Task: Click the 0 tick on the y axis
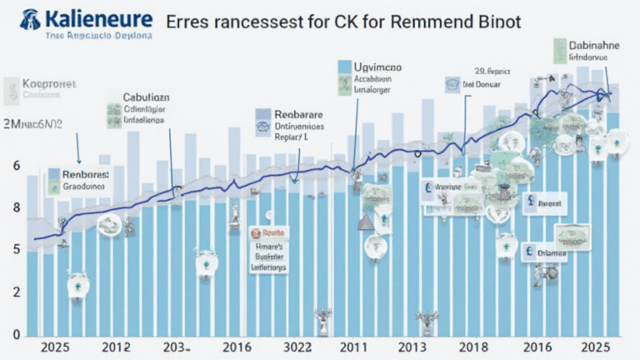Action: (x=17, y=334)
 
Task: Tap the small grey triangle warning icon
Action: (x=364, y=223)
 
